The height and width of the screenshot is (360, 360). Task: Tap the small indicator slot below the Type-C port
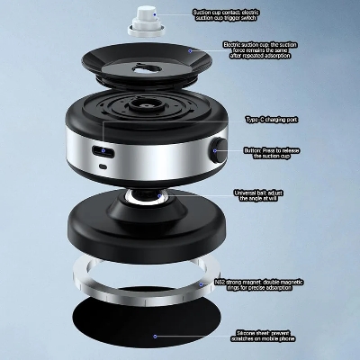pos(104,166)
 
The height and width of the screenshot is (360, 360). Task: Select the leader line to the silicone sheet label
pos(198,334)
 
